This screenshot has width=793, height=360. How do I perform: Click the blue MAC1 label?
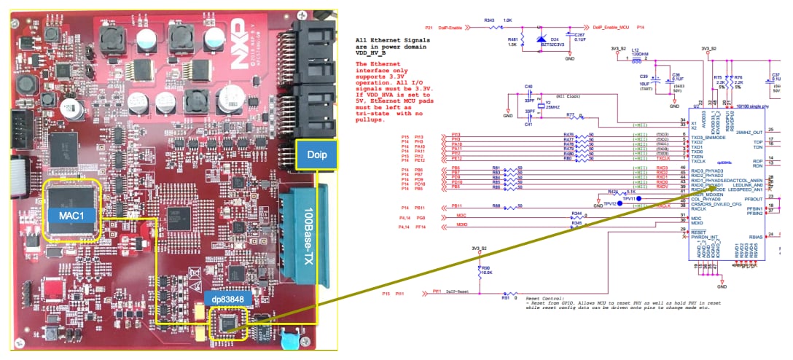click(73, 216)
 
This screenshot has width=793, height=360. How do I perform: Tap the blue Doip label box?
click(317, 155)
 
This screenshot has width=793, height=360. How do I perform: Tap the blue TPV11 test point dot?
click(638, 197)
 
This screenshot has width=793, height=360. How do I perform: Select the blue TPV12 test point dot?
click(620, 204)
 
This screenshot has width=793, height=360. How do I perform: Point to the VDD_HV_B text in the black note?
click(374, 55)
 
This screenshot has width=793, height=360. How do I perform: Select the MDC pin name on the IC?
click(696, 217)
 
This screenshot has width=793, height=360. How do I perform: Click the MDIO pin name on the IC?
click(697, 223)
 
